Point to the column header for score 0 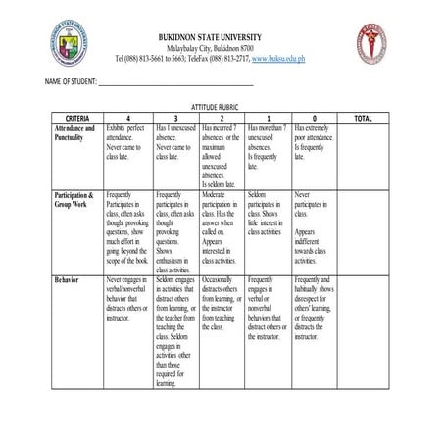click(314, 118)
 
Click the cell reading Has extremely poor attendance click(314, 141)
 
